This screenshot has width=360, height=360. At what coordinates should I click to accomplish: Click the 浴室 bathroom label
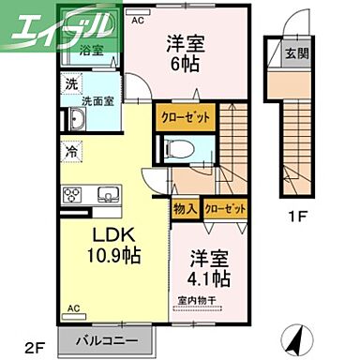pos(90,50)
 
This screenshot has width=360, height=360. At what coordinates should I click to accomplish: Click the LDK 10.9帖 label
pos(115,247)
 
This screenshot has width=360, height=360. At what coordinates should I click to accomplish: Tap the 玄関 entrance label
pos(297,52)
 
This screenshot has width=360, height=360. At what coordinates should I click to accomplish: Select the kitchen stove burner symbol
pos(72,194)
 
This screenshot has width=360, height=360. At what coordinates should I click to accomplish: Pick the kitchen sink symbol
pos(105,196)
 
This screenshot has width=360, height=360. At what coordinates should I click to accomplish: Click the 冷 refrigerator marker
pos(72,149)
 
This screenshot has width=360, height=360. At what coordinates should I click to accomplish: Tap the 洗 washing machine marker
pos(72,83)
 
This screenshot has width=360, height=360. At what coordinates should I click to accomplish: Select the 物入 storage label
pos(185,208)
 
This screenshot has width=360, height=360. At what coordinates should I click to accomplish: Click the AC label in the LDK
pos(72,306)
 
